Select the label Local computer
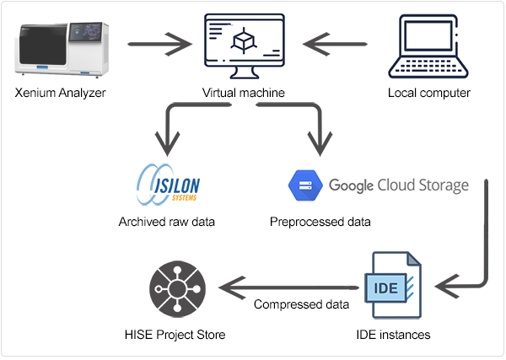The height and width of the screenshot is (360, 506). (x=428, y=94)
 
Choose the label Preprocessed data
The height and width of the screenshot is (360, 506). (x=320, y=223)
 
